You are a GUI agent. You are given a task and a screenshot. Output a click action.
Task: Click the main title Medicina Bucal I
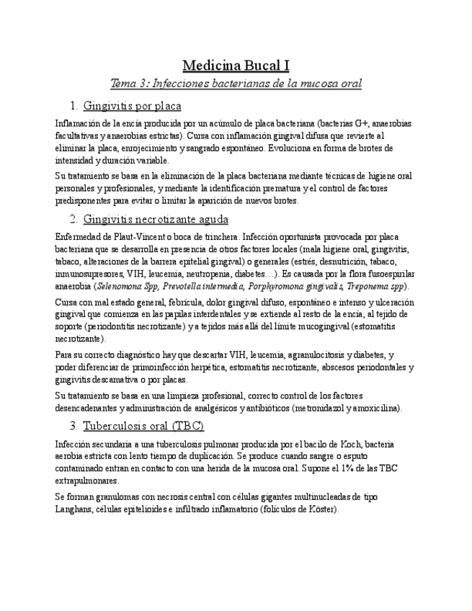coord(236,66)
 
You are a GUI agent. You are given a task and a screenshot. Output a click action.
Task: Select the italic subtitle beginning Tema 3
coord(236,84)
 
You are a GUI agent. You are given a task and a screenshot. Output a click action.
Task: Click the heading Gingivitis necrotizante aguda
coord(156,219)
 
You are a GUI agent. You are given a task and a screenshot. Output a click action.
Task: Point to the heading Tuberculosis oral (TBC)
coord(143,425)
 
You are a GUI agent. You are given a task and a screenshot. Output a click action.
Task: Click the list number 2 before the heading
coord(74,219)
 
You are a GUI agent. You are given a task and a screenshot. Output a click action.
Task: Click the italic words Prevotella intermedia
coord(197,286)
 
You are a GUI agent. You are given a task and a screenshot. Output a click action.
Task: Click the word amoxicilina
coord(373,409)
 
